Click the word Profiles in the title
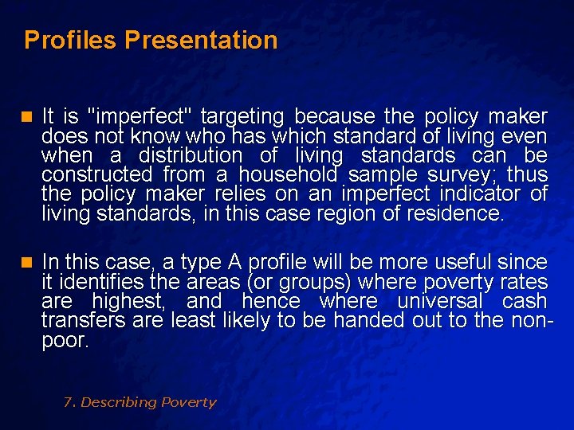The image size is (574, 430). coord(71,40)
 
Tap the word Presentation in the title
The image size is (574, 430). coord(202,40)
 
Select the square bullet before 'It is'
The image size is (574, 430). coord(29,117)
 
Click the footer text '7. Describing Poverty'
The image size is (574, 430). coord(140,402)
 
